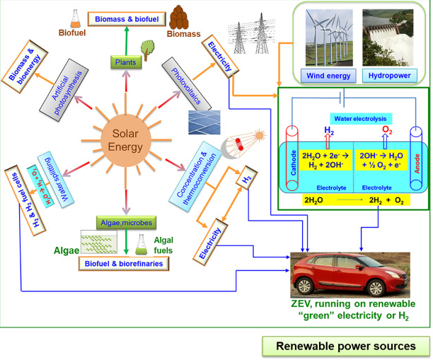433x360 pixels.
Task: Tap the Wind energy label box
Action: [x=327, y=74]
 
